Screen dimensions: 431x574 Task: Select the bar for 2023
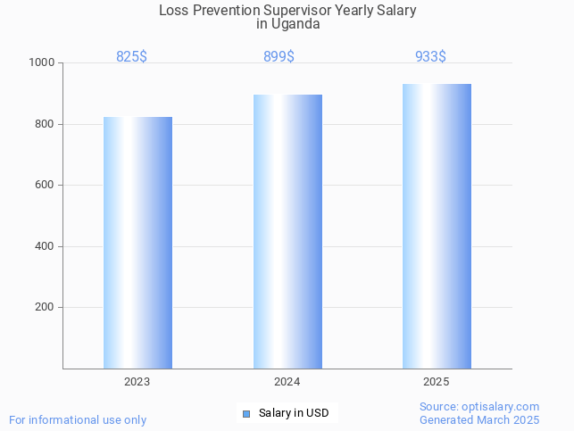[137, 243]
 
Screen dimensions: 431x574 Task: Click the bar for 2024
[287, 231]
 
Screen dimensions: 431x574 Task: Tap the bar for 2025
[437, 226]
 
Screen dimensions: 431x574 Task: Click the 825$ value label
[131, 57]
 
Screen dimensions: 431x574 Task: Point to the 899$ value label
[279, 57]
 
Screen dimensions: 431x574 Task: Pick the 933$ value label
[430, 57]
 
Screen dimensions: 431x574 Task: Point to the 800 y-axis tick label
[45, 124]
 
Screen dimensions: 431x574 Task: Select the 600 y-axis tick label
[45, 186]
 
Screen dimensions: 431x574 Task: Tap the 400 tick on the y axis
[45, 246]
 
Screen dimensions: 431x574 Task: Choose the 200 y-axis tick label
[45, 308]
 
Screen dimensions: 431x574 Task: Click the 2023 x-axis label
[137, 382]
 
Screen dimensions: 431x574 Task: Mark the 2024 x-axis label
[287, 382]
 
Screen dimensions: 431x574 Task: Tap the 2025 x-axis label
[437, 382]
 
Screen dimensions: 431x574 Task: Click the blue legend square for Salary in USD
[246, 413]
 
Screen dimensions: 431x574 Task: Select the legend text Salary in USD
[294, 413]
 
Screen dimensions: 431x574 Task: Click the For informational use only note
[78, 420]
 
